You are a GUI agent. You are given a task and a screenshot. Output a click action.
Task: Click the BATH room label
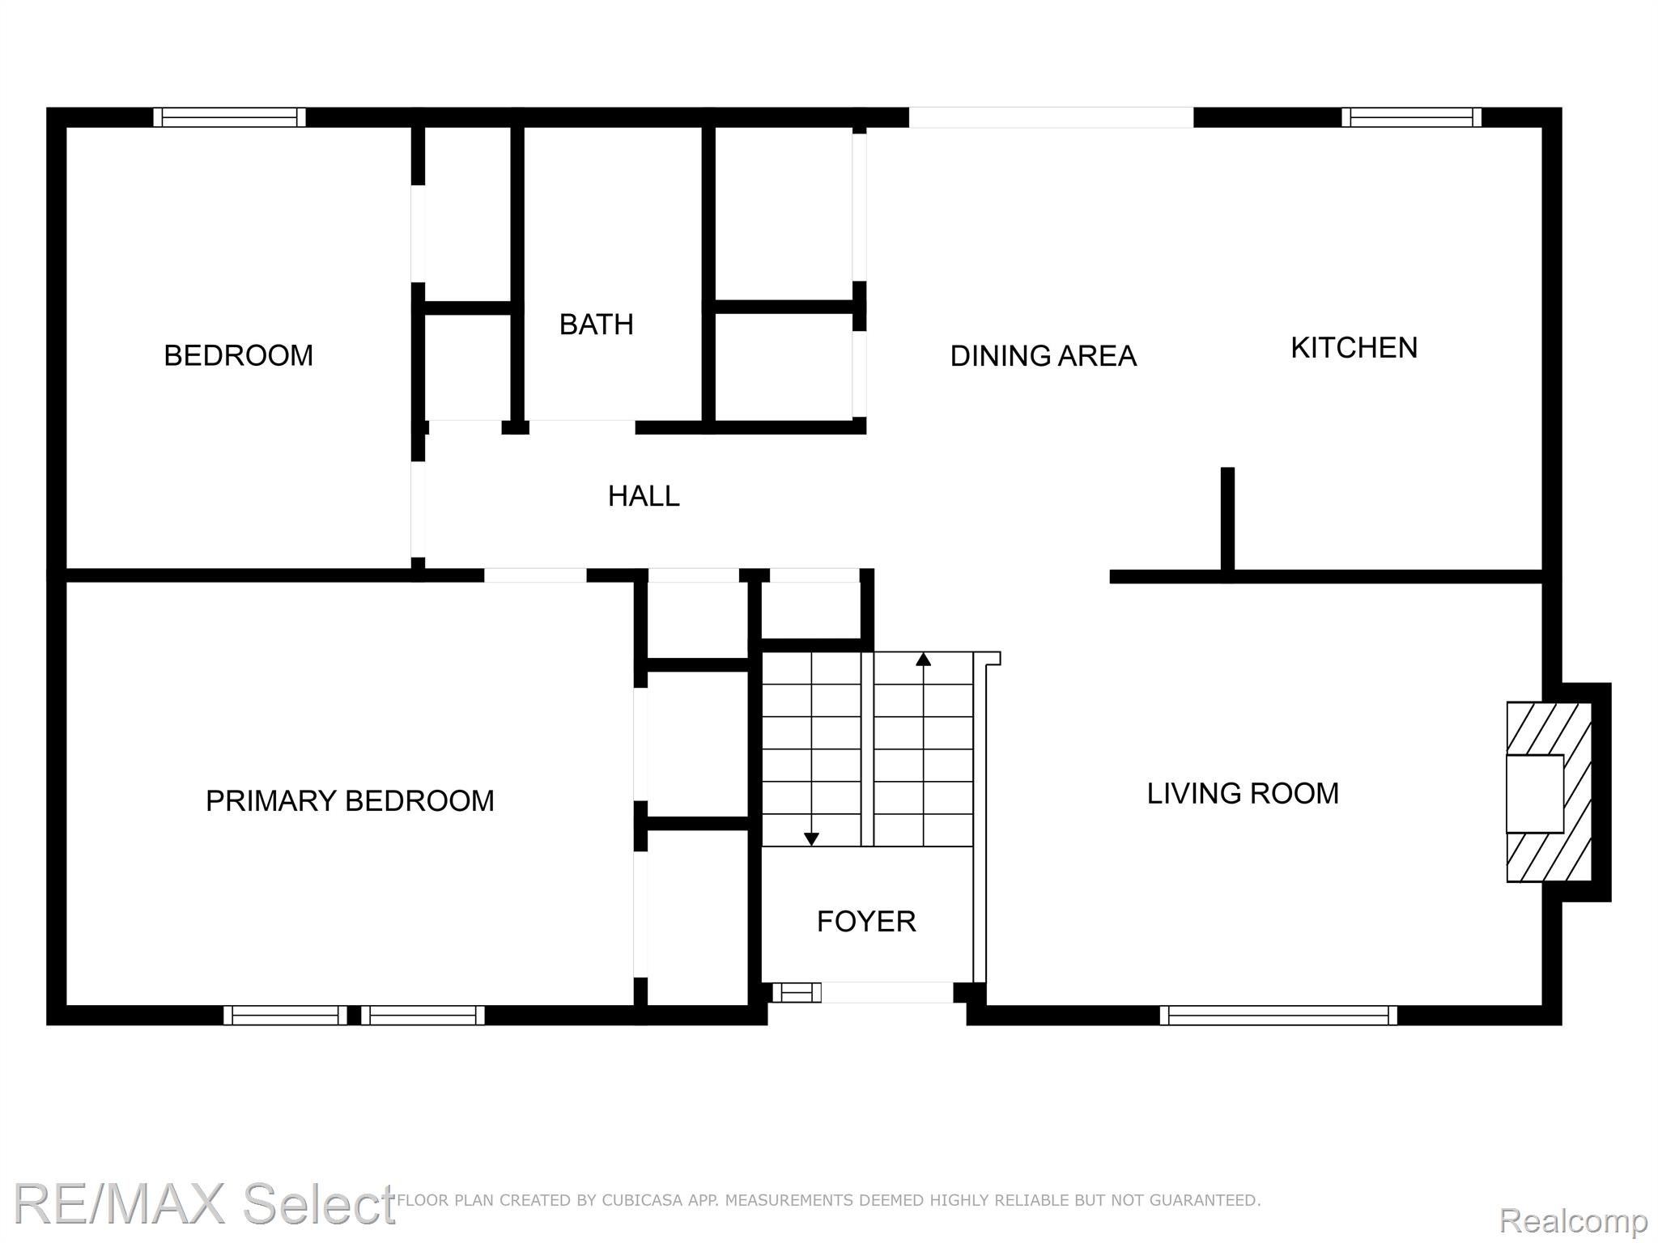point(596,325)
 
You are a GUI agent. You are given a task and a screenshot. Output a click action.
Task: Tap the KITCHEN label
point(1354,348)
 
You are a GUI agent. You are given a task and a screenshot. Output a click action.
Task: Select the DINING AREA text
point(1043,356)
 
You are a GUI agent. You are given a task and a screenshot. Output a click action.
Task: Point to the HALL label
point(644,496)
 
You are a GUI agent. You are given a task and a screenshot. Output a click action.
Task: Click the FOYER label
point(866,921)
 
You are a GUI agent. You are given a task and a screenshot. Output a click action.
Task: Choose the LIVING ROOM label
point(1243,793)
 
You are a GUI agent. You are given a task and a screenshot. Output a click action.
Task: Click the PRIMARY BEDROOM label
point(350,800)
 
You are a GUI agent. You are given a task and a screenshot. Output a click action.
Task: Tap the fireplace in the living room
point(1548,792)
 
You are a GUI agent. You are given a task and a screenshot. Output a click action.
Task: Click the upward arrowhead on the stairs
point(923,659)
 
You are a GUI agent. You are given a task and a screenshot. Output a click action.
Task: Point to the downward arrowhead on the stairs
point(811,839)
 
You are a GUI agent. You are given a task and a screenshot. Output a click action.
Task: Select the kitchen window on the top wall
point(1411,117)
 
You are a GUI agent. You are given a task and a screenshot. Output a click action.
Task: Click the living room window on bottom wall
point(1278,1015)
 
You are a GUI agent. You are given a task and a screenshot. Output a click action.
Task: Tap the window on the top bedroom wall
point(230,117)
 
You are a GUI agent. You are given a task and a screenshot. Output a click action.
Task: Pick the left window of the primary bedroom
point(285,1015)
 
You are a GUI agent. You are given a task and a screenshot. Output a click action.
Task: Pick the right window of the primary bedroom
point(423,1015)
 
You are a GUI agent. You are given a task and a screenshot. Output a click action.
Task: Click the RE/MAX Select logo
point(204,1203)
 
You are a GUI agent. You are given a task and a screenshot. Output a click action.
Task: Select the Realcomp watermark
point(1573,1220)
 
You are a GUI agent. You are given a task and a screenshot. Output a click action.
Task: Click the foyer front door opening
point(887,992)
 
